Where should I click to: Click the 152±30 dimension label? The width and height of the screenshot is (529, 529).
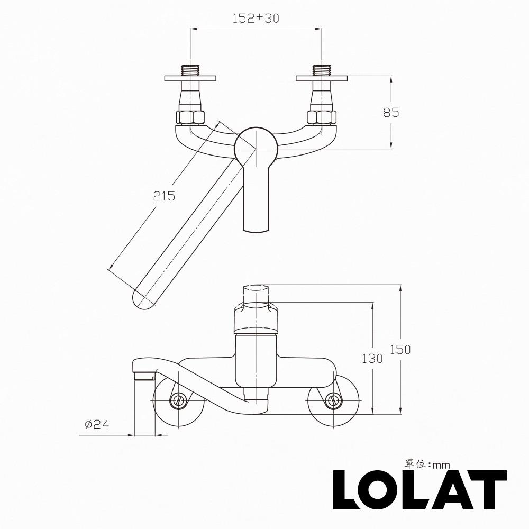click(256, 18)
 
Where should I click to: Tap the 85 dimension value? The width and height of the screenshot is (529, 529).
click(391, 113)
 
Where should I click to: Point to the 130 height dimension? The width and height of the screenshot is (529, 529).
click(372, 358)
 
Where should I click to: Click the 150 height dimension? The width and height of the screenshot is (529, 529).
click(400, 349)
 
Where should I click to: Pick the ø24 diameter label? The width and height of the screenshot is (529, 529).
click(96, 424)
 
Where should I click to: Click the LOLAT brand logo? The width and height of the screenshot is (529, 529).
click(419, 490)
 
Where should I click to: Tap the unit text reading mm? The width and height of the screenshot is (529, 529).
click(441, 465)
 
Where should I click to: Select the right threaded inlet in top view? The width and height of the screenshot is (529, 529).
click(321, 70)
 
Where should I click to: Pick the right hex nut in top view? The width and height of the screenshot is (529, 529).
click(321, 117)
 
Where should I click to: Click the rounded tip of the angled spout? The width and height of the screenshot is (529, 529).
click(144, 300)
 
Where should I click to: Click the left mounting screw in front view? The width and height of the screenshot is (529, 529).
click(178, 400)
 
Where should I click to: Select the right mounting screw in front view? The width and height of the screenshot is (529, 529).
click(333, 400)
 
